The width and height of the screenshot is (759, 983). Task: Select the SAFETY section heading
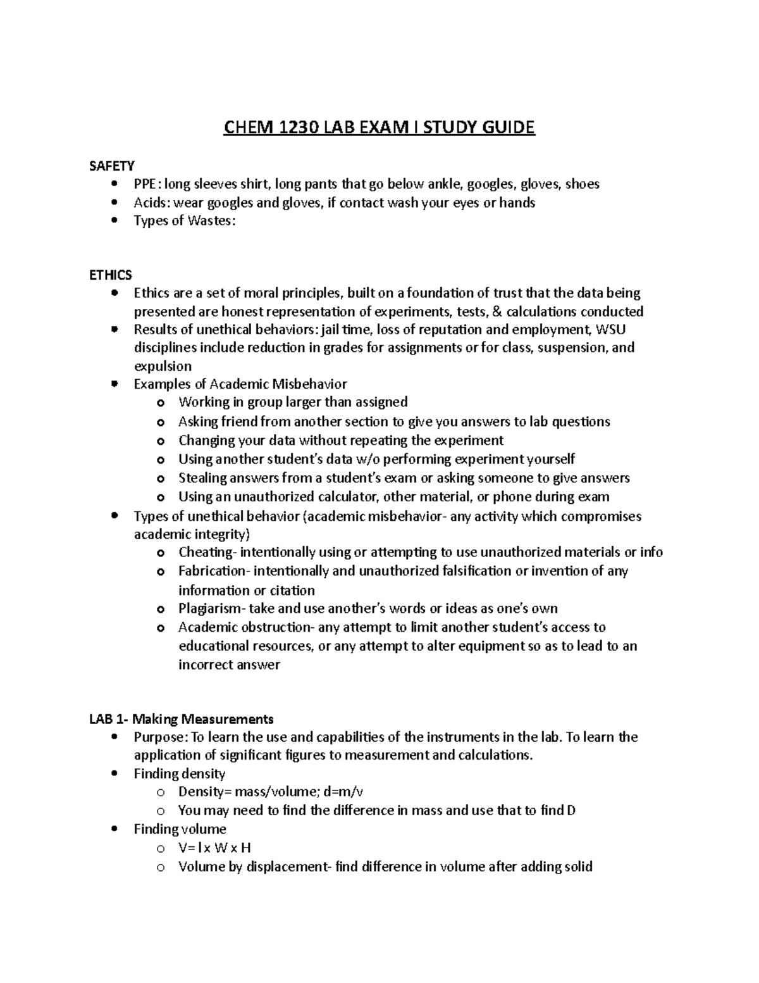(x=112, y=166)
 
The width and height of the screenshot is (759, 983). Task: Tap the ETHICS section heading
(x=111, y=275)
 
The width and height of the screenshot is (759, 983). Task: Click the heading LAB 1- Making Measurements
(x=182, y=719)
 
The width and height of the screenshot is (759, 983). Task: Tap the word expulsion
(x=163, y=366)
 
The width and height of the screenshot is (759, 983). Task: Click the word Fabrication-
(x=216, y=572)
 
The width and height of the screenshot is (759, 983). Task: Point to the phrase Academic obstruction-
(x=246, y=628)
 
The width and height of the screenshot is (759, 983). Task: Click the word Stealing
(x=204, y=479)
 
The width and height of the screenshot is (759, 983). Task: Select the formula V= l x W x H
(x=215, y=848)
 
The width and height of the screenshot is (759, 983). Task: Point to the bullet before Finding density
(x=114, y=774)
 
